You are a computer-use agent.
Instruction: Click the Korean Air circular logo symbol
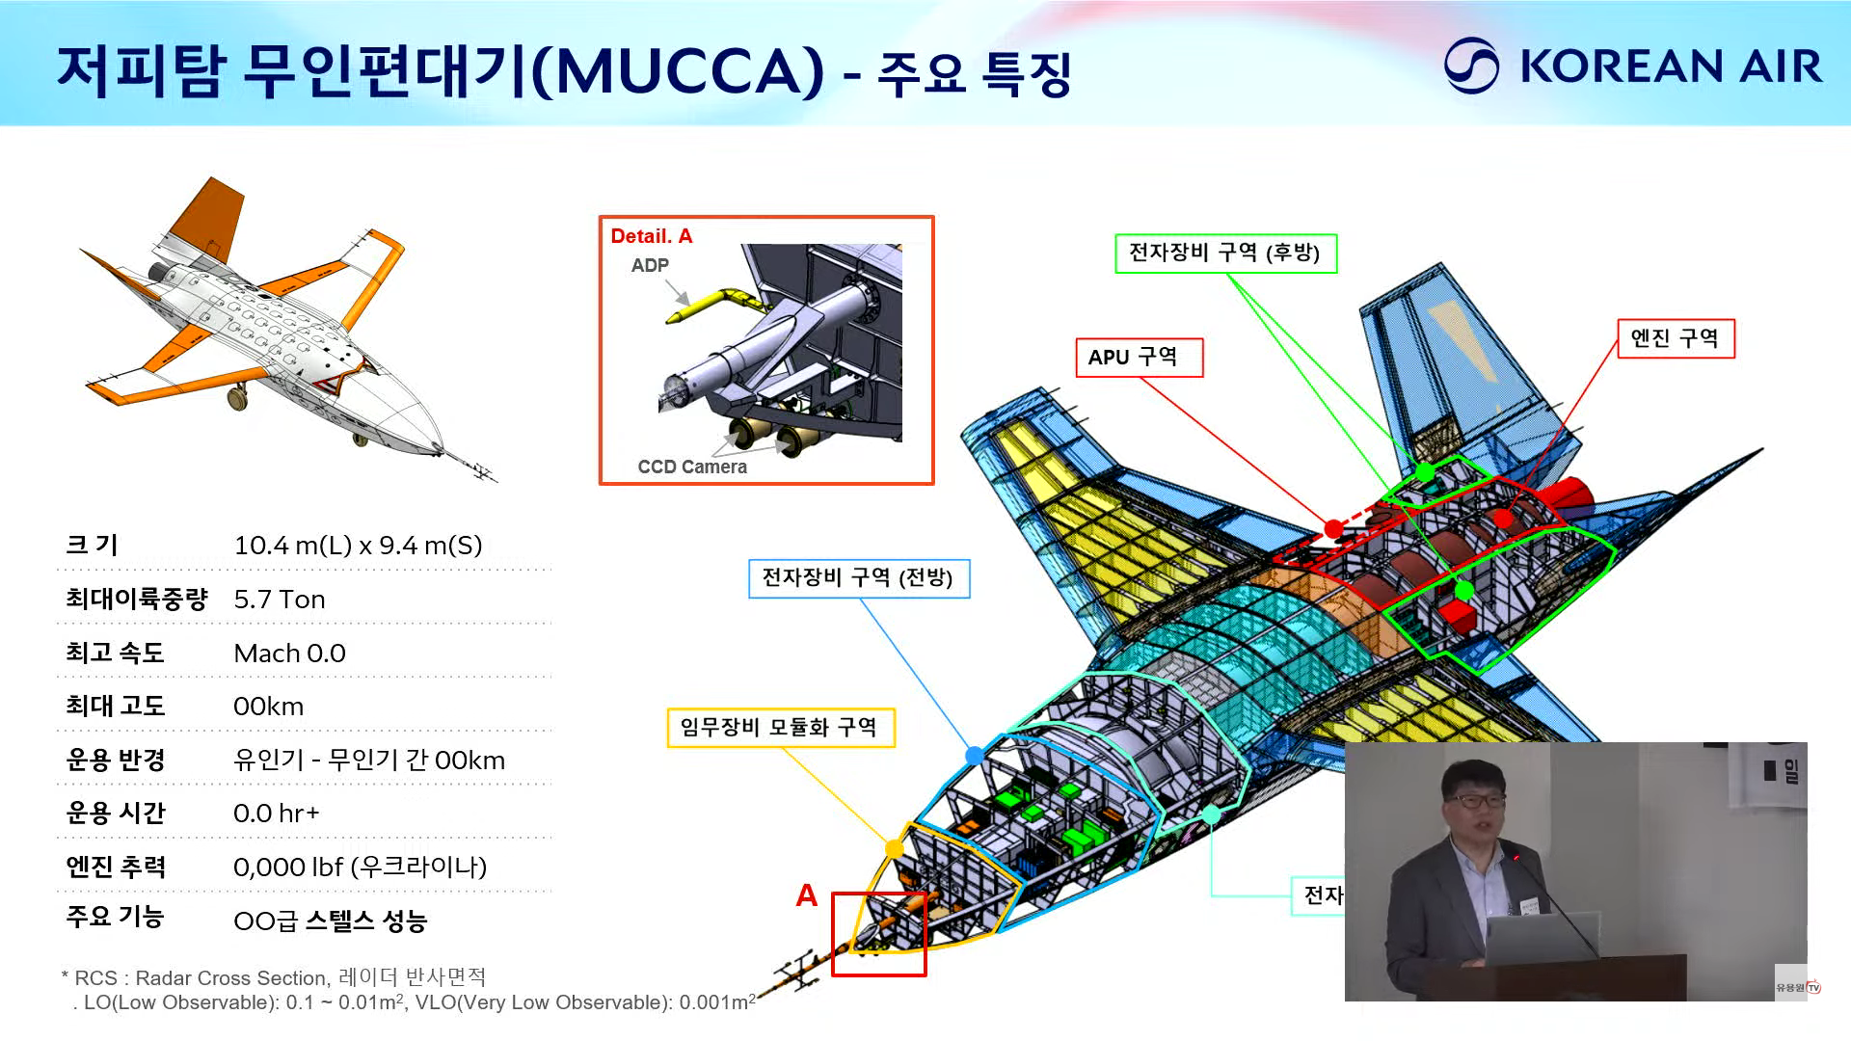coord(1471,66)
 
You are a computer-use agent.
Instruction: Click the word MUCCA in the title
coord(680,69)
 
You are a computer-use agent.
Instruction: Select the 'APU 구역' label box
coord(1139,358)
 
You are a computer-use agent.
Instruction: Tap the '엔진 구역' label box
coord(1675,338)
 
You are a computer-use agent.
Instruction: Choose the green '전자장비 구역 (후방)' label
coord(1225,253)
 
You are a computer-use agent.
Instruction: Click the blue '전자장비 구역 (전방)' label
coord(858,578)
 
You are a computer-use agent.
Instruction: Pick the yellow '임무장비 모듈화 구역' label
coord(780,728)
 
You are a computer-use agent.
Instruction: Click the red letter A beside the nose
coord(807,895)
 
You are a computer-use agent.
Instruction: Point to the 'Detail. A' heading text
coord(652,236)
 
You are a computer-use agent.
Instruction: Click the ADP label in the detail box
coord(650,265)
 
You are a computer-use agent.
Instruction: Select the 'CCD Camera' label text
coord(692,467)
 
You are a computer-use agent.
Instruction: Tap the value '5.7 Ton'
coord(280,600)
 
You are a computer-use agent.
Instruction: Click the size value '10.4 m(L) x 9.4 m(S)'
coord(358,546)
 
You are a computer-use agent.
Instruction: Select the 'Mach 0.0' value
coord(289,654)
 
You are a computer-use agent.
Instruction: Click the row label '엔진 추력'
coord(116,867)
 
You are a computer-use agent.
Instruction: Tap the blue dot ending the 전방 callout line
coord(975,755)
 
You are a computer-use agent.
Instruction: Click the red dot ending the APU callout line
coord(1333,528)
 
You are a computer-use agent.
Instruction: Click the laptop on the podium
coord(1542,938)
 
